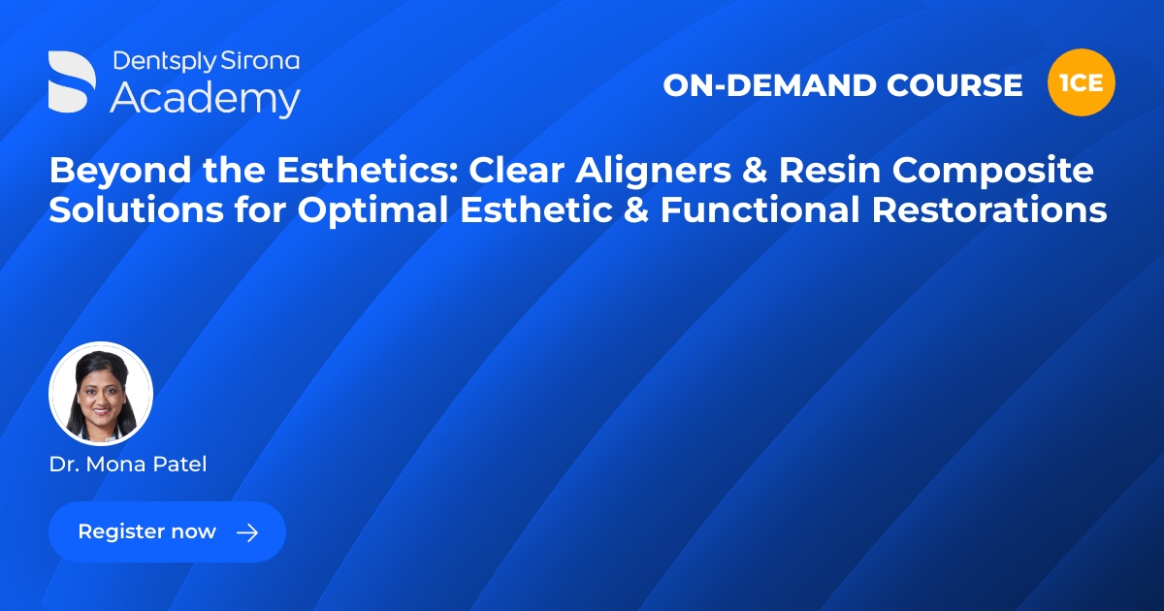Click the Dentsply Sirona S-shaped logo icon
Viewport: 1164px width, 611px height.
(x=73, y=80)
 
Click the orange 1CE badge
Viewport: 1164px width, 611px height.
(x=1082, y=83)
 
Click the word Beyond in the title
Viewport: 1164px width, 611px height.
(x=105, y=171)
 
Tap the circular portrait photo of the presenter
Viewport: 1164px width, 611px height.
(x=101, y=394)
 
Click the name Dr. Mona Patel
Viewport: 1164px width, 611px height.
(x=128, y=465)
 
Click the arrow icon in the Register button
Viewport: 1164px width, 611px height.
(x=247, y=532)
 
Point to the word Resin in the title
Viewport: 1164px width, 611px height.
(x=857, y=171)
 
